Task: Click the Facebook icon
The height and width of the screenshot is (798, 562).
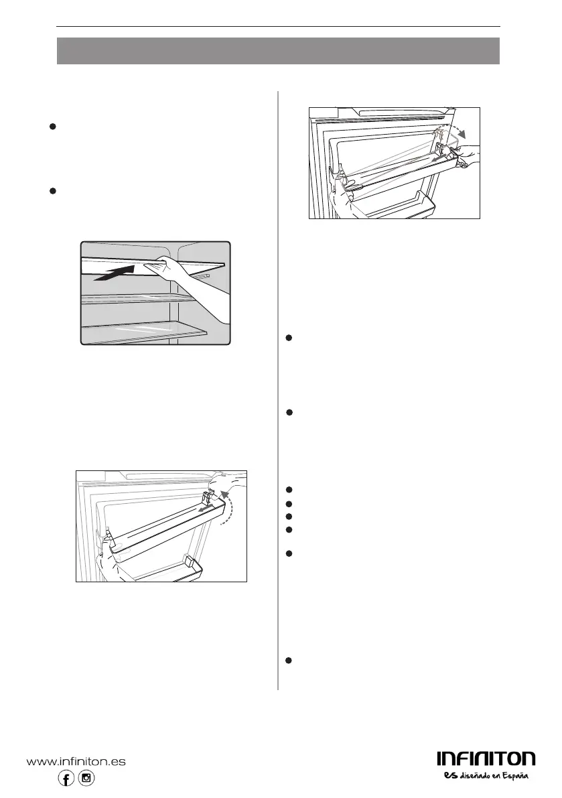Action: [66, 778]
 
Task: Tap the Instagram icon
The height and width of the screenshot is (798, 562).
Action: [86, 778]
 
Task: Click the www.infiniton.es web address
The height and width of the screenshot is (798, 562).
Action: [76, 762]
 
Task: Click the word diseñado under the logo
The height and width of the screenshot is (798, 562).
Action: [476, 776]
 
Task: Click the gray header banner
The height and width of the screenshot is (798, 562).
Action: [278, 51]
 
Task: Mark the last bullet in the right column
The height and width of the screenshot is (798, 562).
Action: [288, 661]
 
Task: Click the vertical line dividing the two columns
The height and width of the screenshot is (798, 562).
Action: [278, 389]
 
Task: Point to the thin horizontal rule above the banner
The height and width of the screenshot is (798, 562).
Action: [278, 27]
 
